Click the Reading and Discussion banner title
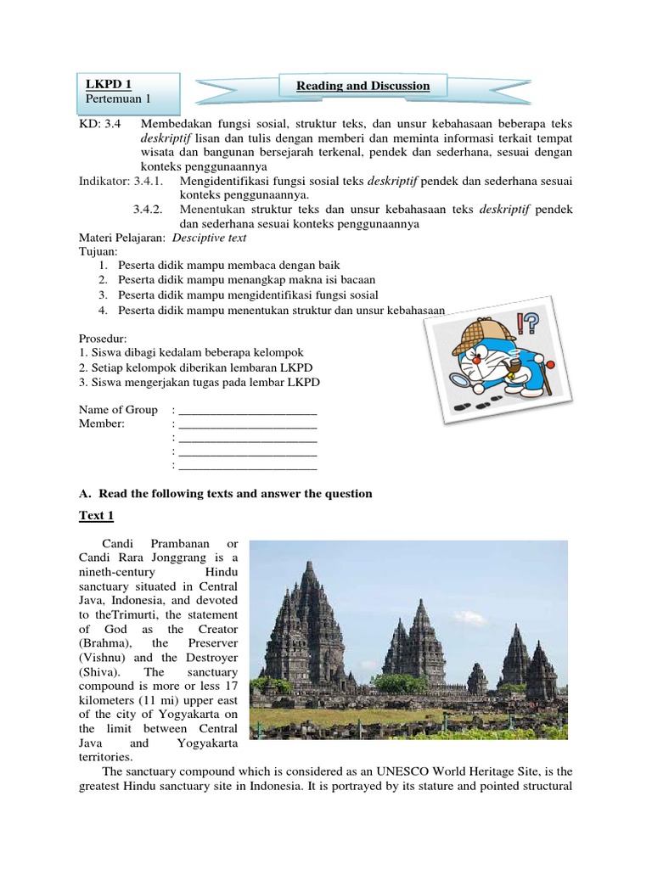pyautogui.click(x=363, y=86)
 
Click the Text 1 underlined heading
pyautogui.click(x=98, y=515)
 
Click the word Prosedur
pyautogui.click(x=104, y=337)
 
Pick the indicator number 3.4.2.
pyautogui.click(x=153, y=210)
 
